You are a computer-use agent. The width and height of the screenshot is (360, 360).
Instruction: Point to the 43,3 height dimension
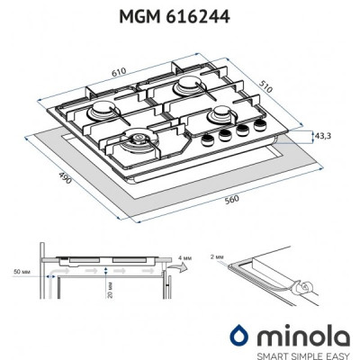coord(323,135)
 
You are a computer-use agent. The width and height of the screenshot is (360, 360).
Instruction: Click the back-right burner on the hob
coord(191,85)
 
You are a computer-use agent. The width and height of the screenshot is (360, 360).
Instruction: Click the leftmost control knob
coord(205,142)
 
